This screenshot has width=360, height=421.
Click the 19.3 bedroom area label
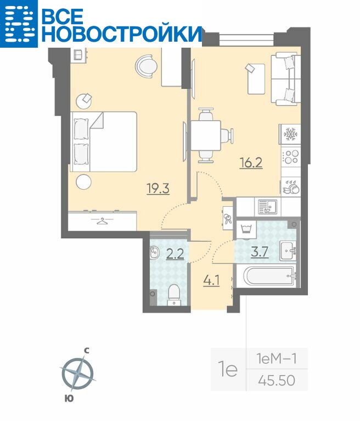click(158, 188)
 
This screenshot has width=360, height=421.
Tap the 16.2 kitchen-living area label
click(251, 162)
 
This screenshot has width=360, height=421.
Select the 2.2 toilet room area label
click(175, 254)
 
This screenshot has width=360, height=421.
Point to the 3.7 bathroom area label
click(260, 252)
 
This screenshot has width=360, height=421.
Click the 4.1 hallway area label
click(211, 281)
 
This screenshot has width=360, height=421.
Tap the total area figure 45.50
click(277, 380)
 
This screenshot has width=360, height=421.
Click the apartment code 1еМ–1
click(277, 359)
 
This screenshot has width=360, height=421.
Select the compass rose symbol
click(78, 374)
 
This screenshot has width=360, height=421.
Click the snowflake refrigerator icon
click(290, 134)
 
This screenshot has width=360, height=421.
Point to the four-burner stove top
click(291, 157)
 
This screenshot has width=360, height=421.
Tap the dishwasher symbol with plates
click(291, 186)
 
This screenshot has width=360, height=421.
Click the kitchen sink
click(267, 207)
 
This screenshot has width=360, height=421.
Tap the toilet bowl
click(174, 295)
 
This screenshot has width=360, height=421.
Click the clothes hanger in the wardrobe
click(102, 221)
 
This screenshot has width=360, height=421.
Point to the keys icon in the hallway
click(227, 218)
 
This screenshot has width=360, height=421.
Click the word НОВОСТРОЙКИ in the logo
click(121, 33)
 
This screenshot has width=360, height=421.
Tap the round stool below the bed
click(83, 182)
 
